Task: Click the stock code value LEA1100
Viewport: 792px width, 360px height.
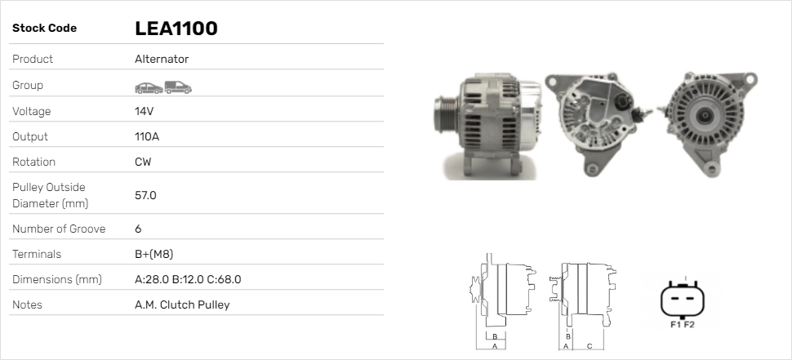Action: coord(176,29)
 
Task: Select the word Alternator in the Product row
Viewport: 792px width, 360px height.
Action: coord(162,59)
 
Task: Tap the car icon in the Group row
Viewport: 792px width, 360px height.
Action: coord(148,87)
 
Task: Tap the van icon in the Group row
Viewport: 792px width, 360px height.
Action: coord(178,87)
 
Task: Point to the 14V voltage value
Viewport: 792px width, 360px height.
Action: coord(145,111)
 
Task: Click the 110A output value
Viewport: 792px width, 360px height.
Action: coord(147,136)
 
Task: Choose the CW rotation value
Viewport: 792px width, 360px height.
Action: coord(143,162)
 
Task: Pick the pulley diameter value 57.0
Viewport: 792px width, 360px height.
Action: coord(145,195)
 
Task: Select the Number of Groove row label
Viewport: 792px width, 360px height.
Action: coord(59,229)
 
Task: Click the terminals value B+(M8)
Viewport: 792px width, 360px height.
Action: coord(154,254)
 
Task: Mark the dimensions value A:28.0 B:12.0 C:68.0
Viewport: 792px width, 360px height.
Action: coord(187,279)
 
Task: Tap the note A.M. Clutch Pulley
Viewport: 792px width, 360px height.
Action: coord(182,304)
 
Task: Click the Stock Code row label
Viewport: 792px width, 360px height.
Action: coord(44,29)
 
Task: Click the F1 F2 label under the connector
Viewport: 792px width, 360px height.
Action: coord(682,324)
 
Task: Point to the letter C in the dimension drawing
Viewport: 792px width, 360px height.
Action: coord(589,346)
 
